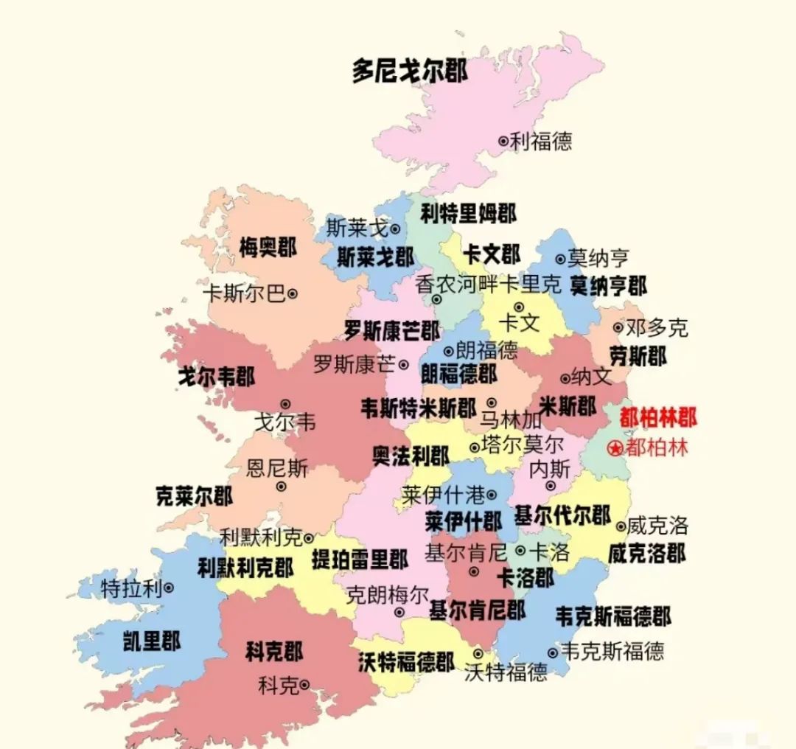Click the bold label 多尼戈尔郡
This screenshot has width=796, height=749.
(x=409, y=72)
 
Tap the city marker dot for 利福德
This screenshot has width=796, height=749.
(x=503, y=140)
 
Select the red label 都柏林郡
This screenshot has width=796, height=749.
(x=657, y=418)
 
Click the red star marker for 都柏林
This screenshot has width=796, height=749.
(x=615, y=447)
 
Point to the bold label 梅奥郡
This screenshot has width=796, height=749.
(x=268, y=248)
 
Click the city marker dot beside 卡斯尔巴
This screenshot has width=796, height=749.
(x=292, y=293)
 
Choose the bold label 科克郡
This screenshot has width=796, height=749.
(x=274, y=652)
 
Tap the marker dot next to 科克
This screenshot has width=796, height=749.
(x=304, y=683)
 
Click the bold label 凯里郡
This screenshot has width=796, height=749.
(x=152, y=641)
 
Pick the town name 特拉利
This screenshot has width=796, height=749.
(x=130, y=588)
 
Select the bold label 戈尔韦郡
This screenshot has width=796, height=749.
(x=216, y=377)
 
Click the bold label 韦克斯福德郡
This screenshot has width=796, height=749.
(x=613, y=616)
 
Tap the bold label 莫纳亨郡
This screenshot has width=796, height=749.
(x=609, y=286)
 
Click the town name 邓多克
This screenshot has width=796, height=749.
(x=657, y=327)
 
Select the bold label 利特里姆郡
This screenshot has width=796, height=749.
(x=469, y=214)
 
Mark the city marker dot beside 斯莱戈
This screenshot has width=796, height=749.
(x=395, y=229)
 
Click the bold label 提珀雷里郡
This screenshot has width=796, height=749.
(x=360, y=560)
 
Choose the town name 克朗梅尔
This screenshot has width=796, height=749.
(x=388, y=594)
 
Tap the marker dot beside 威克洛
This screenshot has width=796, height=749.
(x=621, y=526)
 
